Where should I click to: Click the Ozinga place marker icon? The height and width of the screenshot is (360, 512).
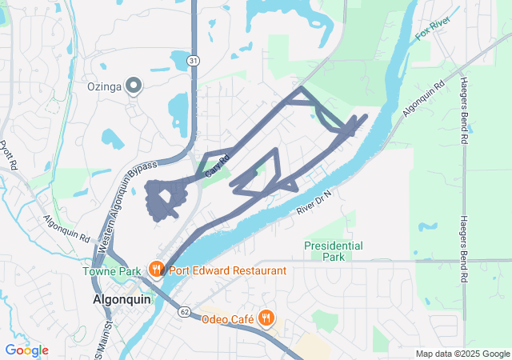(134, 85)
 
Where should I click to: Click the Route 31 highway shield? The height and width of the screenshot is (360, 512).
(193, 60)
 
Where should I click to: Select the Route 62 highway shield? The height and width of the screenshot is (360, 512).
(185, 311)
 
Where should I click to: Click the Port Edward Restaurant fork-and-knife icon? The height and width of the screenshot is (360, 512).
(157, 270)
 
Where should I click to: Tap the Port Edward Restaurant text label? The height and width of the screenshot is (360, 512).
(226, 270)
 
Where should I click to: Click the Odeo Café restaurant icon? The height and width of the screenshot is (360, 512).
(266, 319)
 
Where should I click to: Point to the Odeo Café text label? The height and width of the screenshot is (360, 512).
(227, 319)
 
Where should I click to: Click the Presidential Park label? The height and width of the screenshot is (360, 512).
(334, 251)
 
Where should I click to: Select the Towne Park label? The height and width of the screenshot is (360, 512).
(111, 271)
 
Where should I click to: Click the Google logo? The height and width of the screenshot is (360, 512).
(26, 350)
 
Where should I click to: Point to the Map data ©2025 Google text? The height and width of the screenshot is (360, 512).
(462, 354)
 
